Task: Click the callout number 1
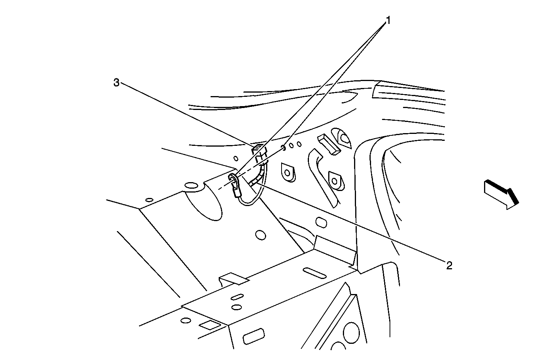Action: (x=388, y=20)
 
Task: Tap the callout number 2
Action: (x=449, y=265)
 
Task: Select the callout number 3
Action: (x=116, y=83)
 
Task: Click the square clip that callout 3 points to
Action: (x=259, y=154)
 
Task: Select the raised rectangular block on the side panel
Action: (x=329, y=145)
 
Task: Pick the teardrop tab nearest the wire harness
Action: (x=287, y=172)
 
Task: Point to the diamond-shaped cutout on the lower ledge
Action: (x=210, y=325)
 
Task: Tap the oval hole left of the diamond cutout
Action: (x=186, y=320)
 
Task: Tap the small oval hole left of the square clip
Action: (x=236, y=158)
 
